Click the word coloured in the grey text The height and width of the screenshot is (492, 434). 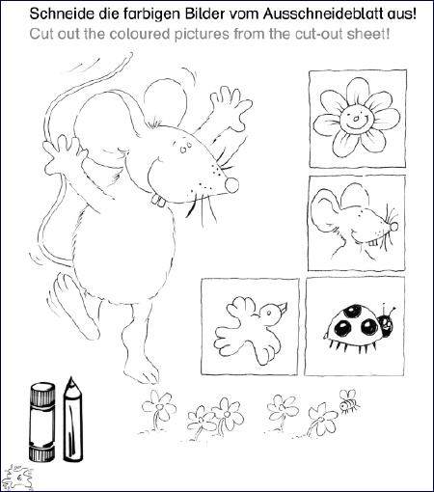(x=139, y=34)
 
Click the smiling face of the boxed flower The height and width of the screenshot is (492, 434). (x=357, y=117)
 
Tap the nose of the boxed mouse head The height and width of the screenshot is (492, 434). (x=393, y=227)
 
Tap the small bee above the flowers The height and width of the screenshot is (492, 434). (x=349, y=401)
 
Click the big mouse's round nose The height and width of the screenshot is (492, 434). (x=232, y=184)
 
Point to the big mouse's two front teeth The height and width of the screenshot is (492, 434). (x=158, y=201)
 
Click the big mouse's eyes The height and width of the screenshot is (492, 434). (x=186, y=148)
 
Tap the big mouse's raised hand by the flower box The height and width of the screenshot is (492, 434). (x=231, y=108)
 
